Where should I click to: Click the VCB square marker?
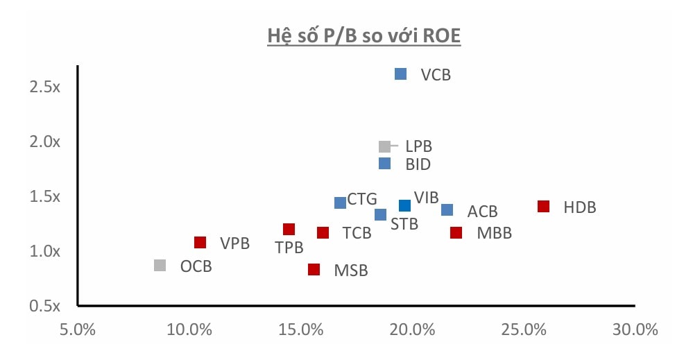pos(400,74)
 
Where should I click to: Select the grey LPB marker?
pos(384,146)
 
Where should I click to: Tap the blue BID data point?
pos(384,164)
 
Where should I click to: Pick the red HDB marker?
pos(543,207)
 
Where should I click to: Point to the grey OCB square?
pos(160,265)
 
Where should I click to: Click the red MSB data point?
pos(314,269)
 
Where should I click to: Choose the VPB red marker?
pos(200,242)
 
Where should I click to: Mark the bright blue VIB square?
pos(404,205)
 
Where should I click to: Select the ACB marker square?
pos(447,210)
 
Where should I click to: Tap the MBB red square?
pos(456,232)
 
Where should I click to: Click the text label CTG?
pos(362,200)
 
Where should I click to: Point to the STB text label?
pos(403,225)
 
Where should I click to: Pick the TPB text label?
pos(288,248)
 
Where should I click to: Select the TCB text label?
pos(357,233)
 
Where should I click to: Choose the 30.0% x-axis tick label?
pos(635,330)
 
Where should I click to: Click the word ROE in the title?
pos(439,37)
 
